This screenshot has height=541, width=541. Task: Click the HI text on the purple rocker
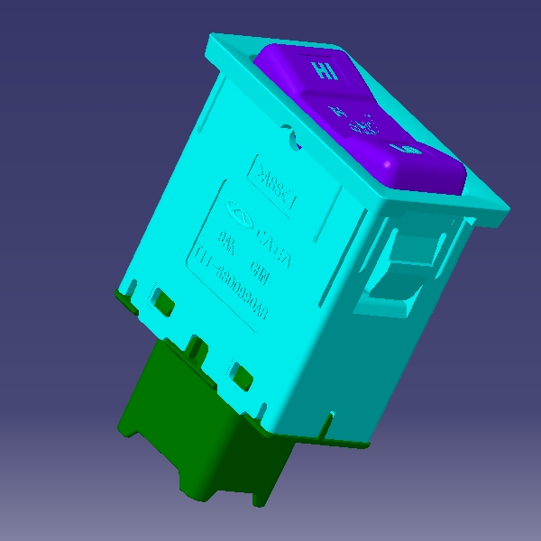click(x=324, y=71)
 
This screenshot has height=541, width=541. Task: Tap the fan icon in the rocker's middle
click(x=360, y=121)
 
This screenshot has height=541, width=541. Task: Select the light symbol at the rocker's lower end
click(x=404, y=147)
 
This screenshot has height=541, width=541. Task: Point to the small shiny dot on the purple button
click(x=389, y=163)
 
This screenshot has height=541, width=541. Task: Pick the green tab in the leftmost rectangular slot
click(x=162, y=301)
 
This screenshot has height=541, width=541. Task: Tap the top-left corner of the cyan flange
click(x=213, y=41)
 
